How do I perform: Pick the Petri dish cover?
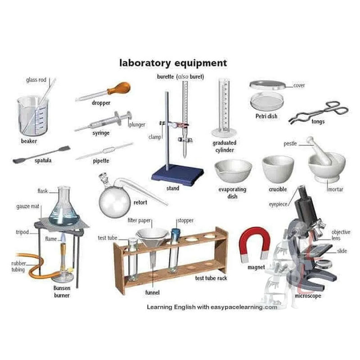click(267, 85)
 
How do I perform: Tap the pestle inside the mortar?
click(319, 150)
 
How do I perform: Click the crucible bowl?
click(278, 169)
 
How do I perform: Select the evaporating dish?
click(233, 171)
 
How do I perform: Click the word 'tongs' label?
click(318, 121)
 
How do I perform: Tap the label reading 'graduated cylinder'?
click(224, 146)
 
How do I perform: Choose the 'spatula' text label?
click(43, 160)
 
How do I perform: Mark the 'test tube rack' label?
click(211, 278)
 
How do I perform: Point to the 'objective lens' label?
click(341, 235)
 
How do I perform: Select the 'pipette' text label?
click(101, 161)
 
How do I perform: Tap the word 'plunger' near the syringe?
click(137, 125)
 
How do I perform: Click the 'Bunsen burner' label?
click(62, 292)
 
